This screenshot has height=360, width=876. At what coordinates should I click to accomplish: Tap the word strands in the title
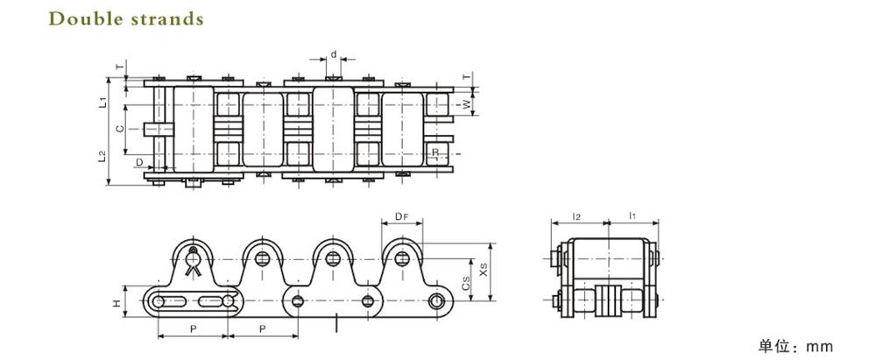(166, 18)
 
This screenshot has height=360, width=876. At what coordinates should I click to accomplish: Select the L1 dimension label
(102, 102)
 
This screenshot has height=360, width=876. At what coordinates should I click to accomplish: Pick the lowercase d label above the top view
(334, 53)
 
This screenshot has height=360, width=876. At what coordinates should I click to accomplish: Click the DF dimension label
(401, 215)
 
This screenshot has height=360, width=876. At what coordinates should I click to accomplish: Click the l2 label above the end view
(576, 215)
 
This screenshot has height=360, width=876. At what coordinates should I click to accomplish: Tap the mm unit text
(819, 346)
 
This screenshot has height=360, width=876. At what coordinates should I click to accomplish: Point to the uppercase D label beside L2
(138, 162)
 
